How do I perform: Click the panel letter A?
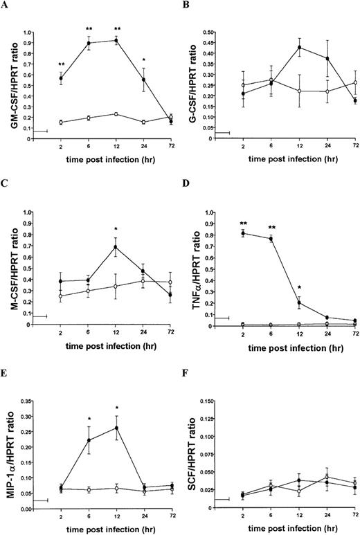click(x=6, y=6)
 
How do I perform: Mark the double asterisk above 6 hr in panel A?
click(x=89, y=28)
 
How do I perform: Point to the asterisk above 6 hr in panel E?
click(x=89, y=419)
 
